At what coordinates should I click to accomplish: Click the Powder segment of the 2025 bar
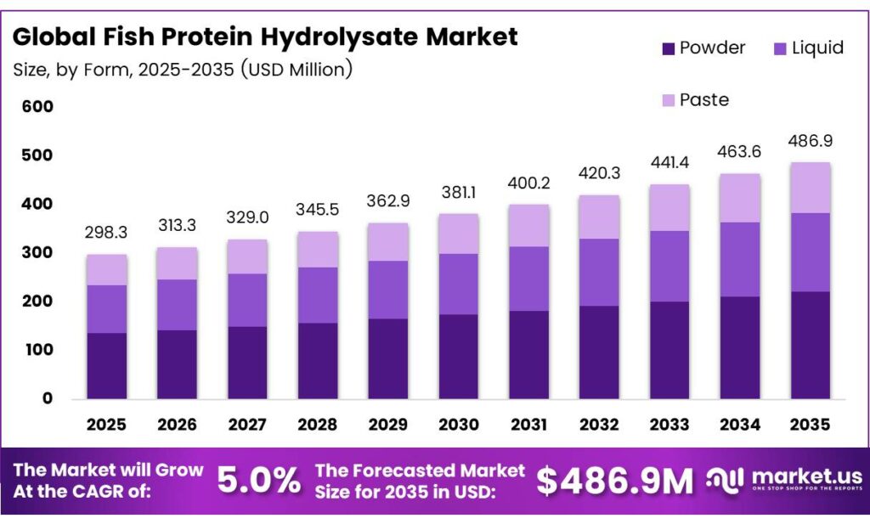point(106,365)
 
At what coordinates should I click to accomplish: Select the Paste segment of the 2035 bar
point(810,188)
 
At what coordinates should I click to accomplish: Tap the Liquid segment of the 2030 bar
point(458,284)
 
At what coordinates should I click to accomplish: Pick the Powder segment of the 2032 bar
point(599,352)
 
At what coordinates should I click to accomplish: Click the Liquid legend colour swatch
point(778,49)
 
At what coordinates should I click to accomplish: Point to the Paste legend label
point(704,100)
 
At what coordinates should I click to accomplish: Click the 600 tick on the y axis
point(39,107)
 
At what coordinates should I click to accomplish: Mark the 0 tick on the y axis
point(48,398)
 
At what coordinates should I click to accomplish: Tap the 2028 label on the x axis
point(317,424)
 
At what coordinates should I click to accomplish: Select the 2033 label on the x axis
point(669,424)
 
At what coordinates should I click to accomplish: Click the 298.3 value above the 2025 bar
point(106,233)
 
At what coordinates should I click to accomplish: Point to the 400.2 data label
point(528,183)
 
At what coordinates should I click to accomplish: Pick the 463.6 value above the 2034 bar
point(739,153)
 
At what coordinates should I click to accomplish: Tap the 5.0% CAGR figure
point(259,482)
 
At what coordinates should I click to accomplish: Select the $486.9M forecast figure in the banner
point(616,482)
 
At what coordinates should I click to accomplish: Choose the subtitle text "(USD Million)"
point(297,70)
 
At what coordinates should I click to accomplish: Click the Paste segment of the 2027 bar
point(246,256)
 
